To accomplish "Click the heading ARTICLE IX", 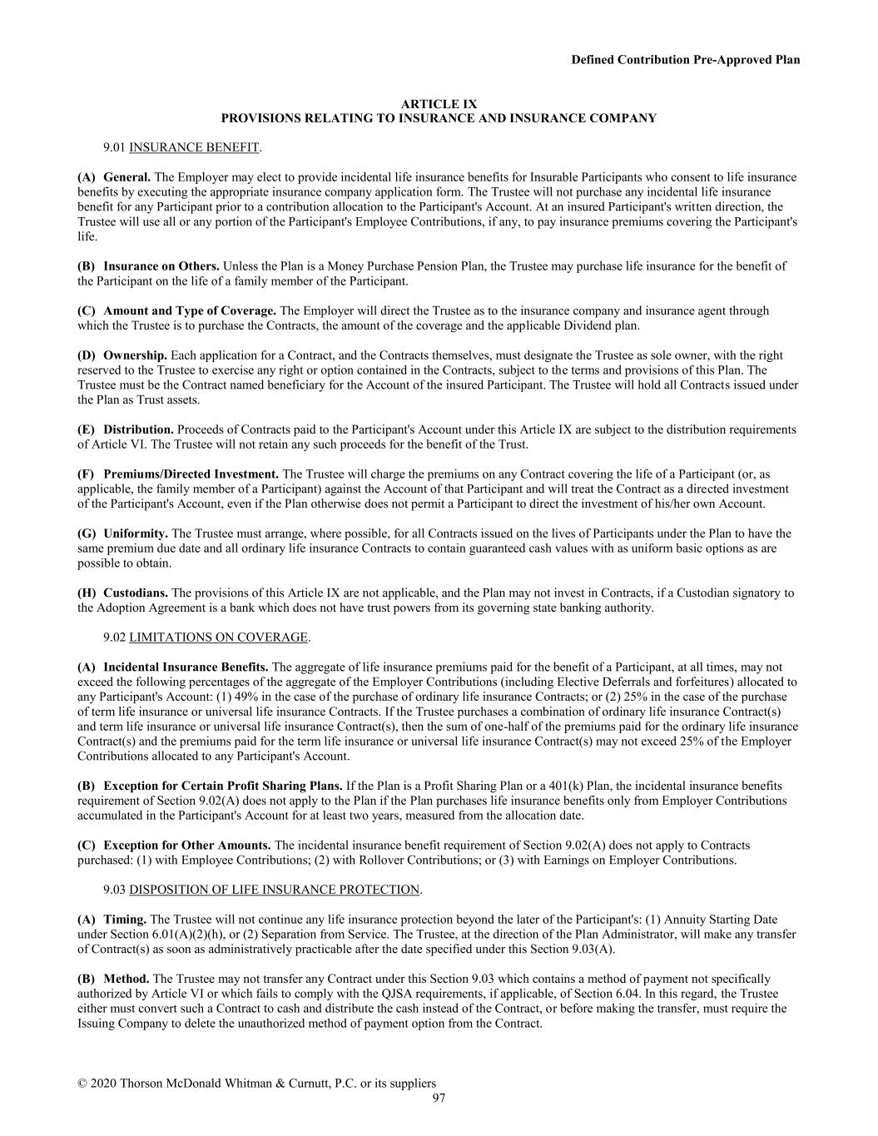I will click(x=439, y=104).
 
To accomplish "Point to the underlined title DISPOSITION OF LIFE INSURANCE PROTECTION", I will click(x=274, y=890).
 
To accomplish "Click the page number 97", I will click(x=439, y=1099).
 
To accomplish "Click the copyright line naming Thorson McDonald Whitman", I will click(x=256, y=1084).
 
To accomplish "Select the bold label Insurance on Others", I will click(x=161, y=266).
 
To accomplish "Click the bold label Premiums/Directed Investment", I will click(x=191, y=474).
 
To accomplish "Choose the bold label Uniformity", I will click(x=136, y=533).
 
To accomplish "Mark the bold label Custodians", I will click(x=136, y=593).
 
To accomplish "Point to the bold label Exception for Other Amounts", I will click(x=186, y=846).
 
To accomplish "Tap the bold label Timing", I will click(x=125, y=920).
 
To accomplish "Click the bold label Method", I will click(x=126, y=979).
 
